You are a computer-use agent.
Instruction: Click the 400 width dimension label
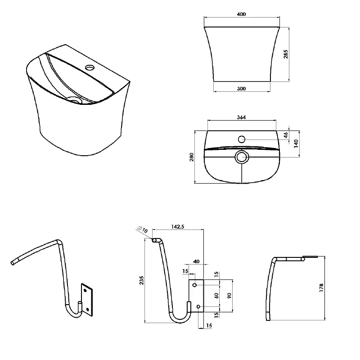[241, 14]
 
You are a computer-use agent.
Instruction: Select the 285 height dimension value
[286, 54]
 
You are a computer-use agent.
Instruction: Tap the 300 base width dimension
[241, 89]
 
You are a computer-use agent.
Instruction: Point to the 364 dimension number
[241, 117]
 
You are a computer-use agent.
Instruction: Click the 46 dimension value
[286, 135]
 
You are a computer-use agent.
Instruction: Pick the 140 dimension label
[296, 144]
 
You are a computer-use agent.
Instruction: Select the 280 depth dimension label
[192, 157]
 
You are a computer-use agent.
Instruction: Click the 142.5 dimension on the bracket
[178, 227]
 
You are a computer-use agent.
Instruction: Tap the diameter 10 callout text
[143, 229]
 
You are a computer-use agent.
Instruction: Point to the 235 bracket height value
[141, 280]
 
